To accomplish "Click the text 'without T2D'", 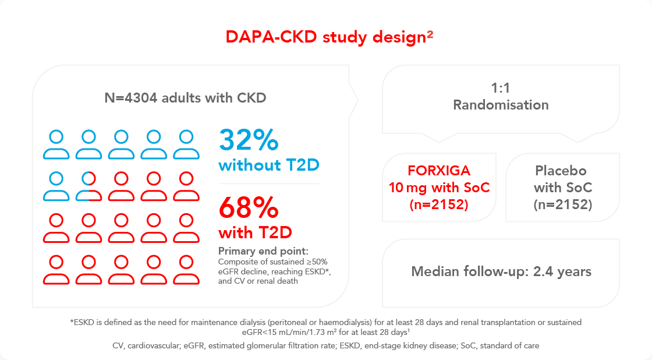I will pyautogui.click(x=268, y=166).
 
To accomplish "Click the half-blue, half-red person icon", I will pyautogui.click(x=88, y=186).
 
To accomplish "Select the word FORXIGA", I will pyautogui.click(x=438, y=171).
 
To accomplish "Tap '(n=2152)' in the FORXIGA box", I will pyautogui.click(x=438, y=204).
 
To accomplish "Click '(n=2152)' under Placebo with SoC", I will pyautogui.click(x=562, y=204).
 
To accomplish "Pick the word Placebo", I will pyautogui.click(x=562, y=171).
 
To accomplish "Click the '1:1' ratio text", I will pyautogui.click(x=501, y=89).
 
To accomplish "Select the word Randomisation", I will pyautogui.click(x=501, y=105).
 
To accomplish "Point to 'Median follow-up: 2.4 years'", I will pyautogui.click(x=501, y=271).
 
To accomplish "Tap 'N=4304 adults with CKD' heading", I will pyautogui.click(x=185, y=98).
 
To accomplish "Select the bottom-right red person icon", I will pyautogui.click(x=186, y=271).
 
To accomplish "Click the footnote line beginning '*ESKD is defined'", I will pyautogui.click(x=325, y=322).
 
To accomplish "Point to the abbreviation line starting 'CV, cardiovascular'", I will pyautogui.click(x=325, y=345).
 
